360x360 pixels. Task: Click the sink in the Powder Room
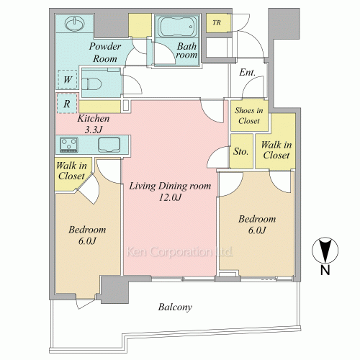click(75, 24)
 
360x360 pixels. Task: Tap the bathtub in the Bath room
click(177, 27)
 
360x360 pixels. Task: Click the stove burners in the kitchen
click(69, 145)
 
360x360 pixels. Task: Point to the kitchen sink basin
click(109, 145)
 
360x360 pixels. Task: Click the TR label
click(217, 23)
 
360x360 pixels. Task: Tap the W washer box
click(68, 79)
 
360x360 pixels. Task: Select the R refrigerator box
click(67, 104)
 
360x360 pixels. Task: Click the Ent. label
click(247, 72)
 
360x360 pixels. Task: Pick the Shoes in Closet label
click(249, 115)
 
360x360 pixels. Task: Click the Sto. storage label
click(240, 151)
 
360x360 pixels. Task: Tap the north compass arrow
click(325, 251)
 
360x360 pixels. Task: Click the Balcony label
click(175, 307)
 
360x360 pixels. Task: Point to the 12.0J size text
click(170, 197)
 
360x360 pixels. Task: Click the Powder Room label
click(105, 53)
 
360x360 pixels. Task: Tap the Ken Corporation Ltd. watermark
click(179, 252)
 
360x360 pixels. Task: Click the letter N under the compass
click(325, 270)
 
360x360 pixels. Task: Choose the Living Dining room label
click(170, 186)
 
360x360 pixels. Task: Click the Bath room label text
click(186, 50)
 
